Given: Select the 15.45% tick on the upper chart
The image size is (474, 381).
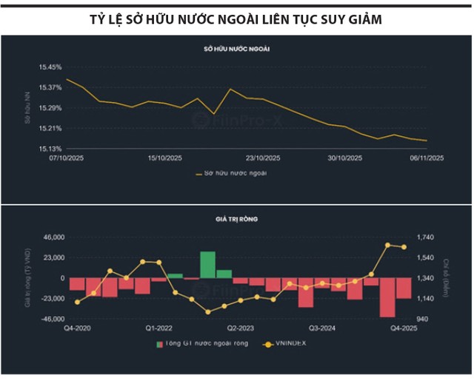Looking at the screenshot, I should tap(50, 67).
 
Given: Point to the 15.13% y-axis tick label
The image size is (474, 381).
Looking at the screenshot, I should tap(50, 149).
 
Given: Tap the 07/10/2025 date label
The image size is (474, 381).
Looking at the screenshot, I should tap(67, 158).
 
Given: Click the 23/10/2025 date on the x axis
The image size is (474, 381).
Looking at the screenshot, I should tap(264, 158).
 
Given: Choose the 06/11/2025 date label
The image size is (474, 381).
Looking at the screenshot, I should tap(427, 158).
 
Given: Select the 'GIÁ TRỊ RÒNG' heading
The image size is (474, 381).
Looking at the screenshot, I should tap(236, 219).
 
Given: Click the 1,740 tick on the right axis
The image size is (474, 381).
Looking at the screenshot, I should tap(429, 237).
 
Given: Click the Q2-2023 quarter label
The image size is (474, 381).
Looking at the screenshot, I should tap(241, 328).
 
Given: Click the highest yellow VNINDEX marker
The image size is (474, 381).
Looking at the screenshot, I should tap(387, 245).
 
